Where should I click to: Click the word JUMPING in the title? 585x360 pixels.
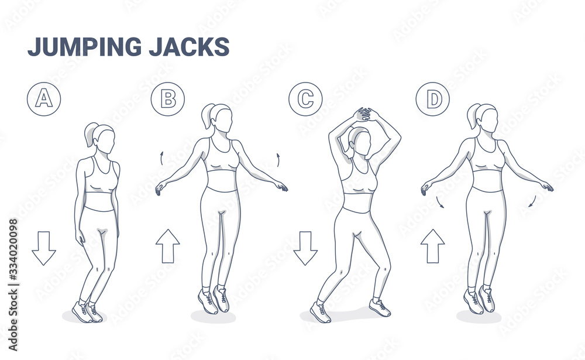(x=85, y=47)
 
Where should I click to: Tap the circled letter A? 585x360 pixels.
(x=44, y=99)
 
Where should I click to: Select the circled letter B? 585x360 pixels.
(x=168, y=99)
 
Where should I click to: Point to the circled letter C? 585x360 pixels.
(x=305, y=99)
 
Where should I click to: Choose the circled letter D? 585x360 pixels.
(x=433, y=99)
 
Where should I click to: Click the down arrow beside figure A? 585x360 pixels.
(x=44, y=248)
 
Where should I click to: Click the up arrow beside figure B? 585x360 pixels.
(x=168, y=246)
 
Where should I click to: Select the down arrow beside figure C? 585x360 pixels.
(x=305, y=248)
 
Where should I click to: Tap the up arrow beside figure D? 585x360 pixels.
(x=433, y=246)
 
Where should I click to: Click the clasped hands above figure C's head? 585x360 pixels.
(x=363, y=114)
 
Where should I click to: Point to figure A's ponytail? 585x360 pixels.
(x=90, y=135)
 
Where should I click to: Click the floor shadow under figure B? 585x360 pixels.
(x=213, y=317)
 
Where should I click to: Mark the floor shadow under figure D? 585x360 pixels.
(x=479, y=317)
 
